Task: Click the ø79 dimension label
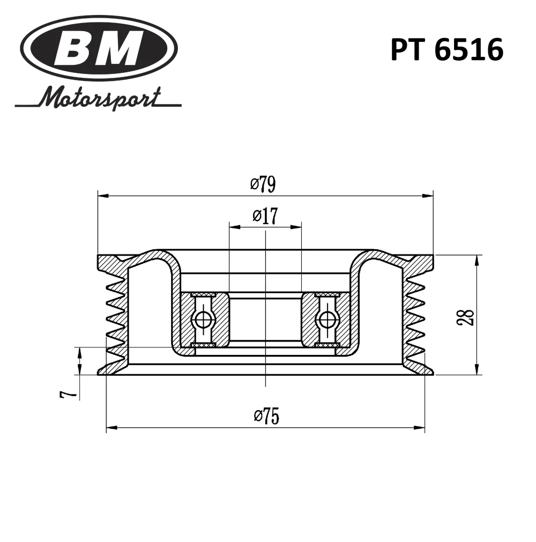pyautogui.click(x=263, y=184)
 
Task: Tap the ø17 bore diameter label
pyautogui.click(x=265, y=216)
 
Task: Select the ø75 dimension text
pyautogui.click(x=266, y=415)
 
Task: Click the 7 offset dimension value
pyautogui.click(x=68, y=395)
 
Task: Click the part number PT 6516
pyautogui.click(x=447, y=50)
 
